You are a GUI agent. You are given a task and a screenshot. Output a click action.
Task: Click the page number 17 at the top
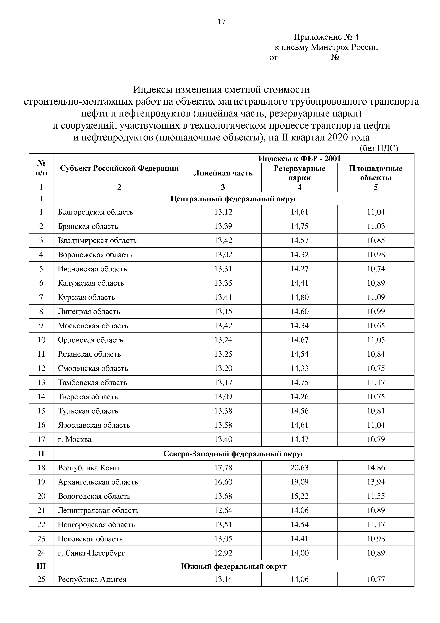pyautogui.click(x=221, y=22)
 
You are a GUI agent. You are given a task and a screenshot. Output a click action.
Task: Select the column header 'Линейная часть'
pyautogui.click(x=223, y=173)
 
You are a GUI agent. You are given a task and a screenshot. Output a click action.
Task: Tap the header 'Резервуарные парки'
pyautogui.click(x=299, y=173)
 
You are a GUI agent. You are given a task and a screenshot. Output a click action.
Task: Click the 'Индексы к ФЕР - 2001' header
pyautogui.click(x=299, y=158)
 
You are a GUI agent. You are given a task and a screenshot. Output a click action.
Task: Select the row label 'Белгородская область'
pyautogui.click(x=95, y=212)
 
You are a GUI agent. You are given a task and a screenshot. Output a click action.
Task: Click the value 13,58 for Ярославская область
pyautogui.click(x=223, y=425)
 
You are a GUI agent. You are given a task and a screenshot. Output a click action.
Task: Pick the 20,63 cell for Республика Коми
pyautogui.click(x=299, y=468)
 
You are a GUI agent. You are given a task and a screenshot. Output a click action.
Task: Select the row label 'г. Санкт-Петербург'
pyautogui.click(x=91, y=553)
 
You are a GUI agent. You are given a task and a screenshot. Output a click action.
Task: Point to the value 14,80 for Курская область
pyautogui.click(x=299, y=297)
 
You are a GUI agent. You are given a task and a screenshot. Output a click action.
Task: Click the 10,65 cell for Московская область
pyautogui.click(x=376, y=326)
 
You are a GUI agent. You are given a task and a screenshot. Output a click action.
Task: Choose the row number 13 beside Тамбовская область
pyautogui.click(x=41, y=382)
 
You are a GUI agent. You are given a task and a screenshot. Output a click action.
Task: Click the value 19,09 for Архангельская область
pyautogui.click(x=299, y=482)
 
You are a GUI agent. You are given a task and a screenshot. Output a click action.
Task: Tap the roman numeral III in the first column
pyautogui.click(x=41, y=566)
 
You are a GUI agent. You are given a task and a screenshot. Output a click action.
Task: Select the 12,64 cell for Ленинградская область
pyautogui.click(x=223, y=510)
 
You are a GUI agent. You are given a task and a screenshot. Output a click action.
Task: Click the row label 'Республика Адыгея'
pyautogui.click(x=92, y=579)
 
